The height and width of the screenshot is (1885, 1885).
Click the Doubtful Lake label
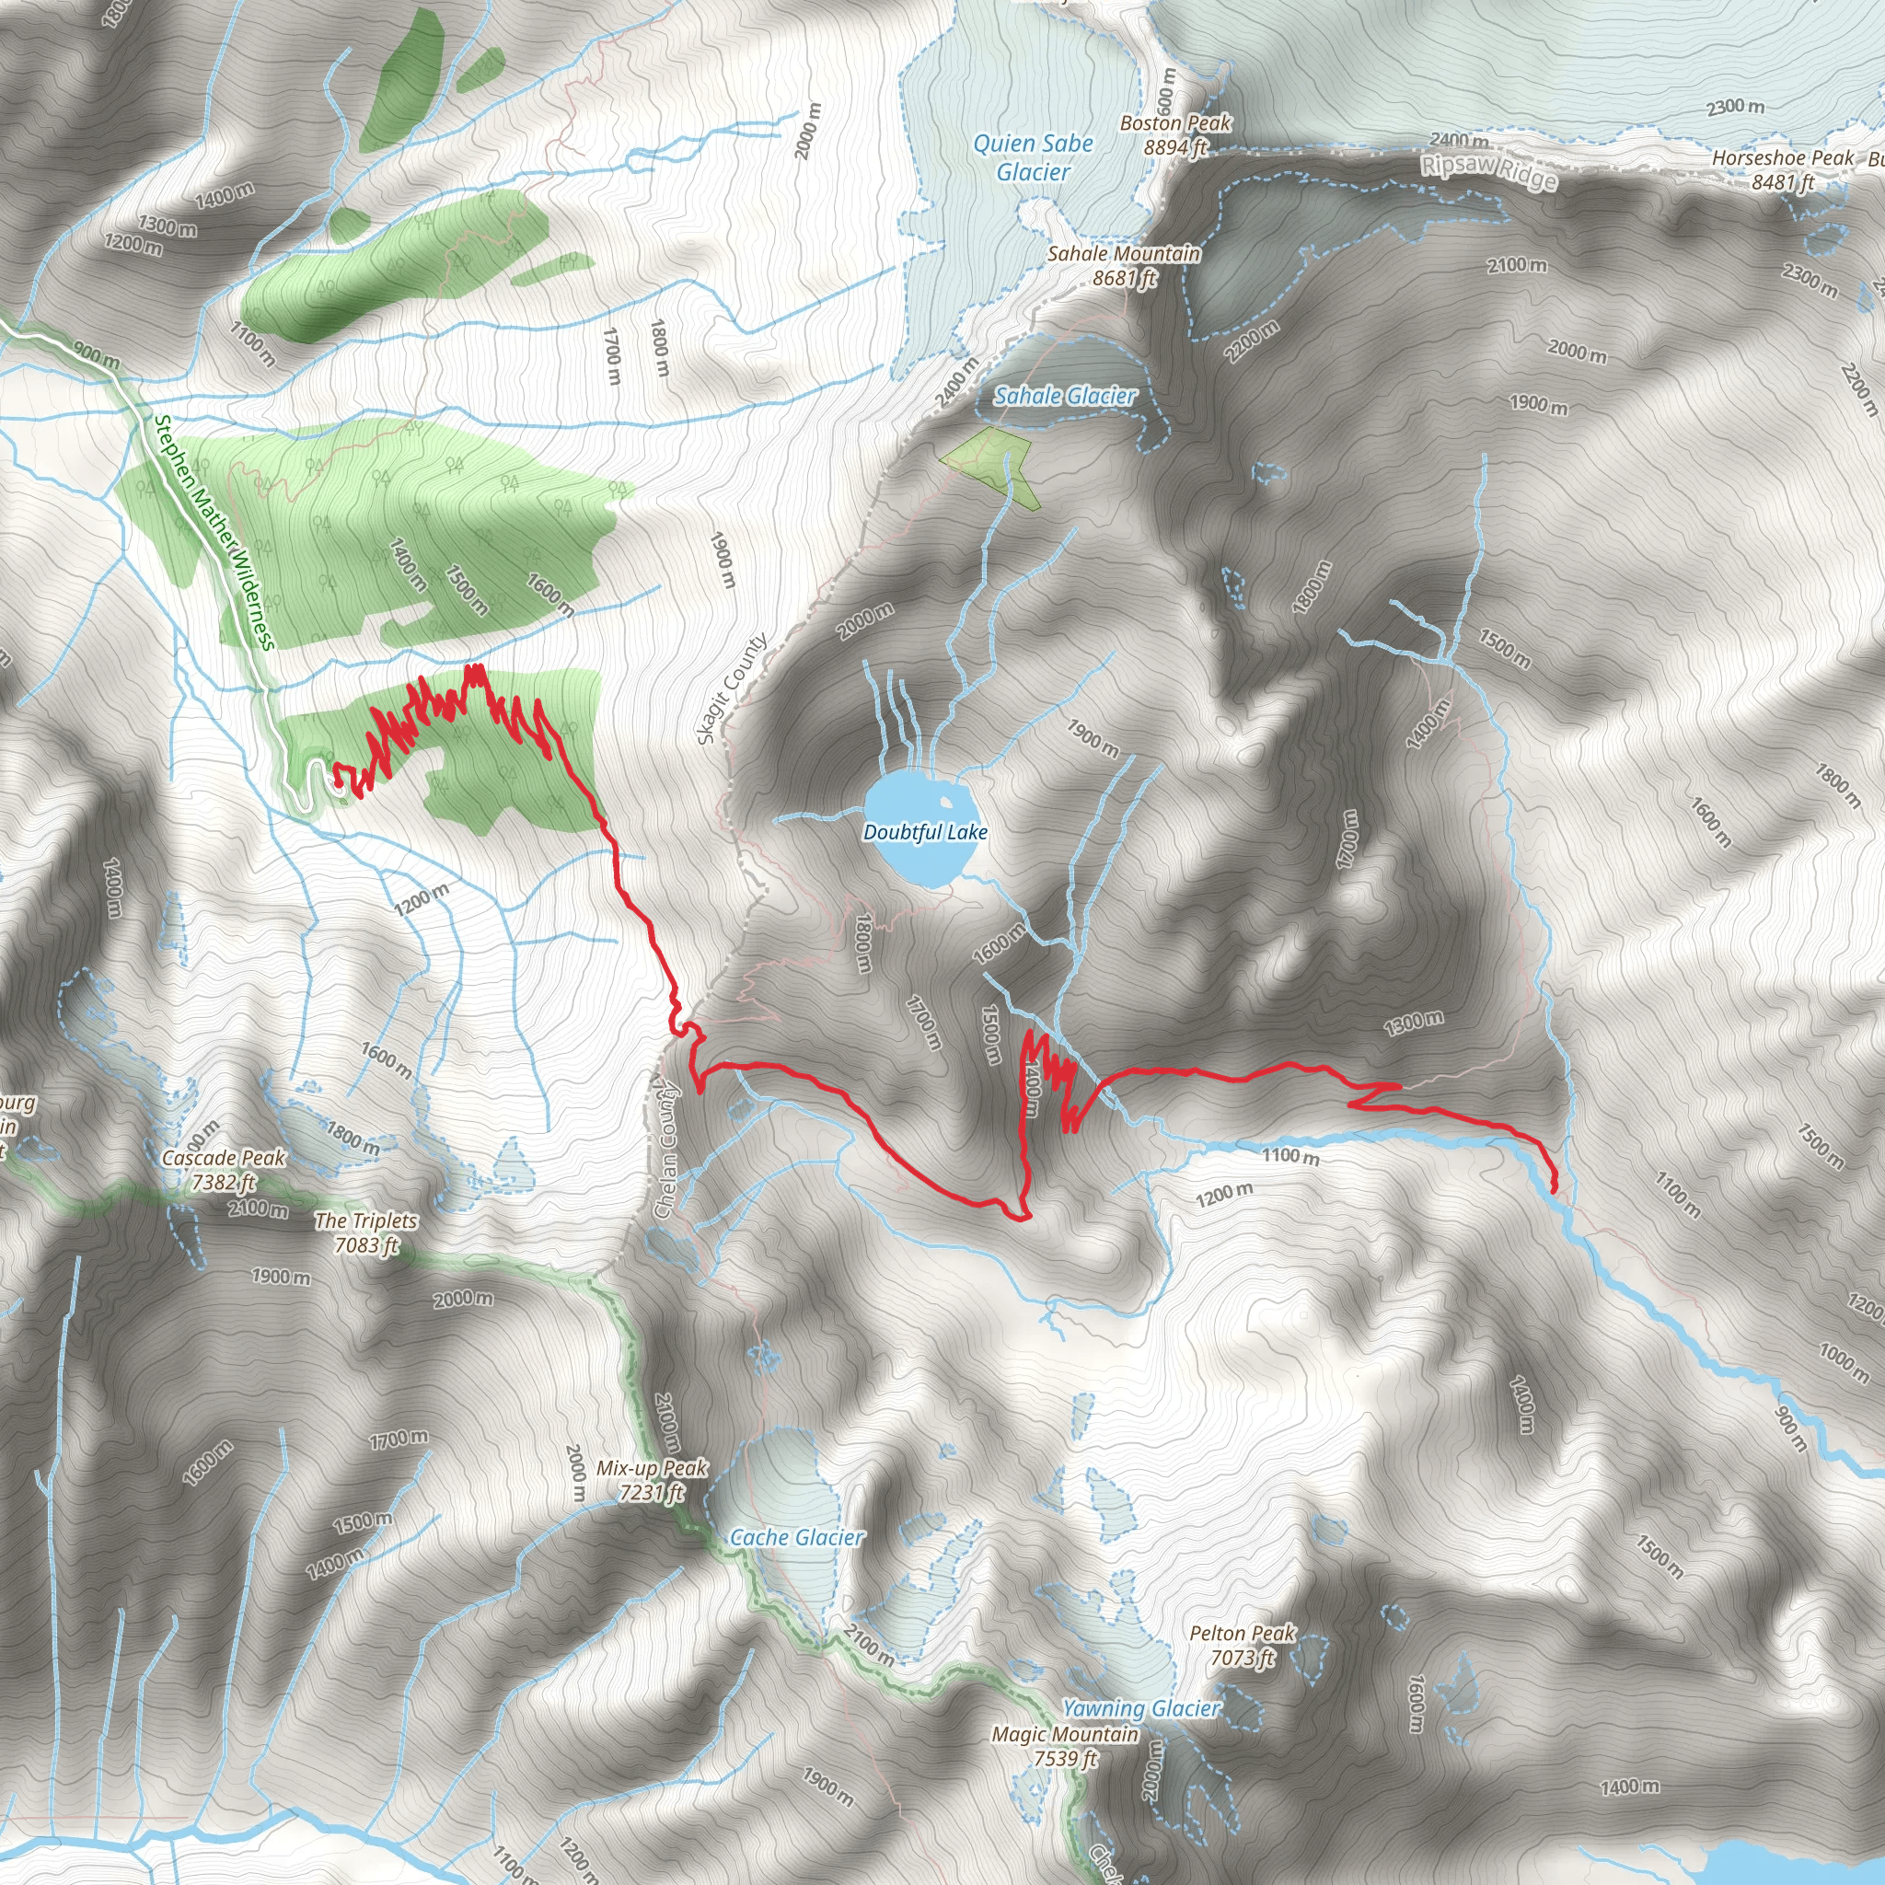tap(925, 832)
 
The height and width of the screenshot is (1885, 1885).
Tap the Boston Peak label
tap(1174, 134)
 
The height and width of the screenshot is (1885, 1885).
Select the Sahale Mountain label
tap(1124, 264)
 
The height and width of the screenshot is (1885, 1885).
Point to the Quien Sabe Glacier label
tap(1033, 157)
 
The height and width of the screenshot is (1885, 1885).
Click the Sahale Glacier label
tap(1065, 395)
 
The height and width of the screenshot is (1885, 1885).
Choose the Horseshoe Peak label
tap(1783, 168)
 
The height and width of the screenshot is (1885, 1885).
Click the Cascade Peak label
tap(224, 1169)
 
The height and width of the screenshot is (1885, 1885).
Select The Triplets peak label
tap(366, 1232)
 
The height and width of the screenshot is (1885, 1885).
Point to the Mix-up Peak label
tap(651, 1479)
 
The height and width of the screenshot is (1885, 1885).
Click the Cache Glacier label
tap(797, 1537)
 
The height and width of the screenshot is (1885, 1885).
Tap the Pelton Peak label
tap(1242, 1644)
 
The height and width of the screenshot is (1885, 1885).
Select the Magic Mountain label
tap(1065, 1745)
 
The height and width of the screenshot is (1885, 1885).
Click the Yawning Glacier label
tap(1140, 1708)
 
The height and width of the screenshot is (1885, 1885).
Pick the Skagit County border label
tap(732, 688)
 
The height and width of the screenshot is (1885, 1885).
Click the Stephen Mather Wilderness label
tap(213, 533)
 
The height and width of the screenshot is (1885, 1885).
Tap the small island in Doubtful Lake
tap(944, 803)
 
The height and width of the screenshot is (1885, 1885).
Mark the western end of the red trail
tap(338, 781)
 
